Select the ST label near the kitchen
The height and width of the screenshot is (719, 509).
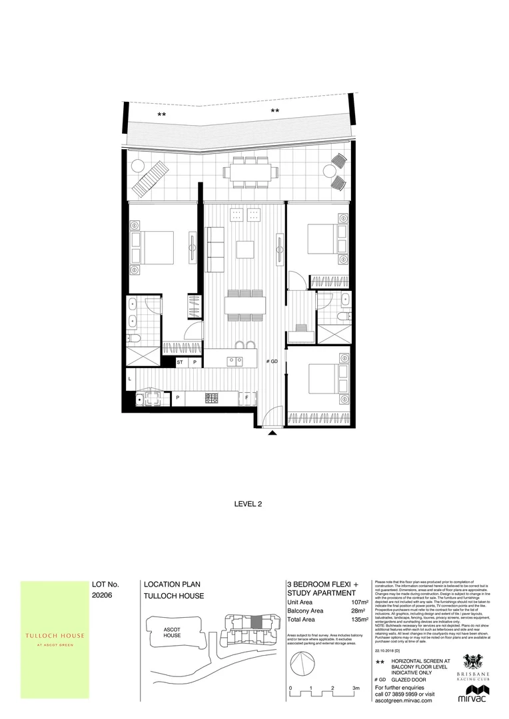tap(180, 363)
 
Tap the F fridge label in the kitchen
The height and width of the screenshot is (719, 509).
tap(247, 398)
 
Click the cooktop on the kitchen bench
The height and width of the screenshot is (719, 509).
tap(211, 398)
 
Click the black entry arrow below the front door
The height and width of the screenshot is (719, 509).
tap(272, 433)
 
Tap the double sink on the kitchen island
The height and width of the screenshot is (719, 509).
tap(235, 361)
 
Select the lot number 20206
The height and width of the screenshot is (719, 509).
tap(103, 597)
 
